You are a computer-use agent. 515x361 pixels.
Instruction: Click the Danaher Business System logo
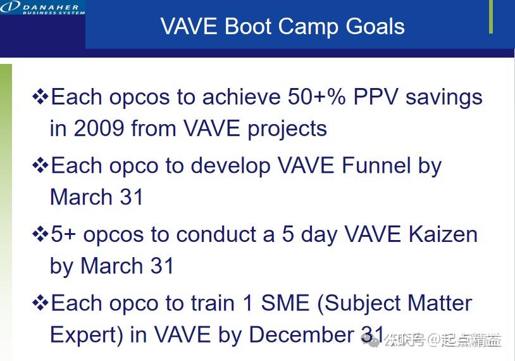pos(41,8)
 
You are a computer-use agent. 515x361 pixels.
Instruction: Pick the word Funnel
pos(376,166)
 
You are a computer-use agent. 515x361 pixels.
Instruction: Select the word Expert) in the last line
pos(87,334)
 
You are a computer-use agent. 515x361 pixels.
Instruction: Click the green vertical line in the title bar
pos(491,16)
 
